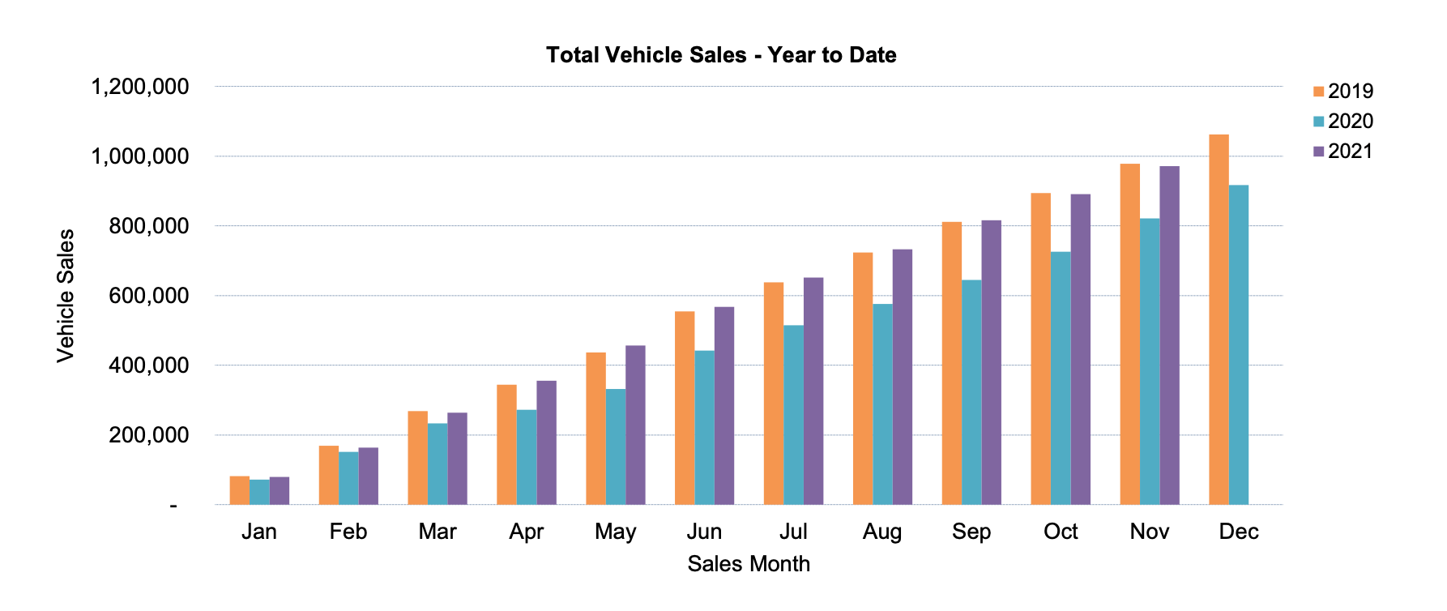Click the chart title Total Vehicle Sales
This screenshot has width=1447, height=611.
[720, 55]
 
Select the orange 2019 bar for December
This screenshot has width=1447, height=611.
[1219, 320]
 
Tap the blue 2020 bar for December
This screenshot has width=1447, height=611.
[1239, 345]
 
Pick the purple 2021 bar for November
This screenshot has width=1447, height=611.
[1169, 335]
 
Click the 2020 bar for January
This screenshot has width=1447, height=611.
[259, 492]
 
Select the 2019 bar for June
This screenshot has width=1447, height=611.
[685, 408]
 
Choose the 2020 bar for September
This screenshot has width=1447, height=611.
[971, 392]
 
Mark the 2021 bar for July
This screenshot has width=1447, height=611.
[813, 391]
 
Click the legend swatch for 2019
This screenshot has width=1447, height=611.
[1318, 92]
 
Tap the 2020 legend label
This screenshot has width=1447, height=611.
[1351, 122]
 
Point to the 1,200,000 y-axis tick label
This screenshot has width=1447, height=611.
[140, 87]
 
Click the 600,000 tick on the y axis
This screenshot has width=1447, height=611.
[149, 296]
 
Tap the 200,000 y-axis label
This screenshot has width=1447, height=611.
[149, 435]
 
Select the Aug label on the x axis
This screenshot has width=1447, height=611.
[882, 532]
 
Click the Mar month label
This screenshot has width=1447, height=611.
[438, 532]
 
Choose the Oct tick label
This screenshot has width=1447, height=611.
[1061, 532]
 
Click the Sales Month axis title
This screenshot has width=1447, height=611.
[749, 564]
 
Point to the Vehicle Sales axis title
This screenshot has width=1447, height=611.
[66, 296]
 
